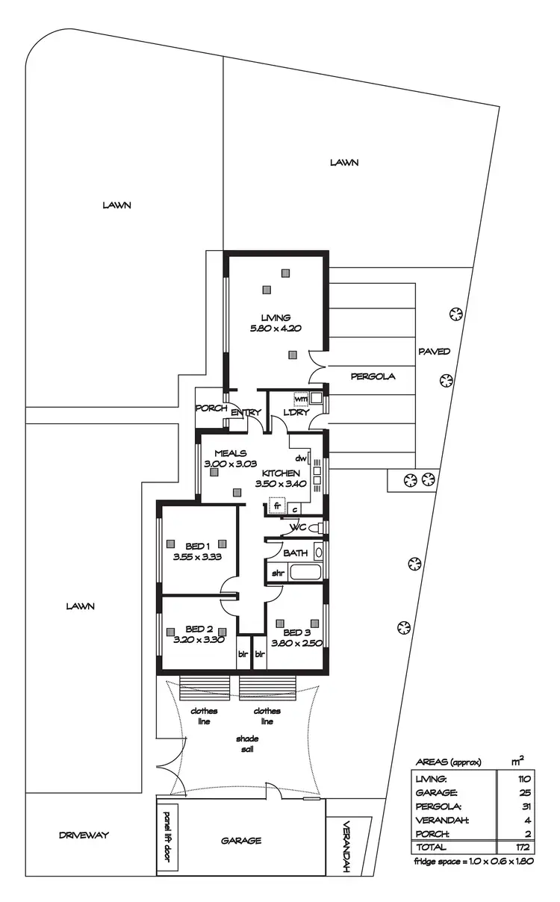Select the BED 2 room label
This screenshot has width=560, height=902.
coord(199,634)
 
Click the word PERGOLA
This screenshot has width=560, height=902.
coord(373,376)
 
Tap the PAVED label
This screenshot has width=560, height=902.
coord(434,351)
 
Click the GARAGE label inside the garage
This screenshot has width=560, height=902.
coord(241,840)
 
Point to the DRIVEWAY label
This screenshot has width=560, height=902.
coord(84,835)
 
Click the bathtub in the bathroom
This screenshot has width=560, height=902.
coord(305,573)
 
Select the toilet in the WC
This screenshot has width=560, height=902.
coord(316,529)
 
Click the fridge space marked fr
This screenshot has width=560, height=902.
coord(277,506)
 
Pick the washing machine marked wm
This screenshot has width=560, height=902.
coord(301,398)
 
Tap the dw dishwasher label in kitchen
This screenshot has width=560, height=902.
coord(302,458)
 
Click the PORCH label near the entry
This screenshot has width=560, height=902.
coord(211,408)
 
